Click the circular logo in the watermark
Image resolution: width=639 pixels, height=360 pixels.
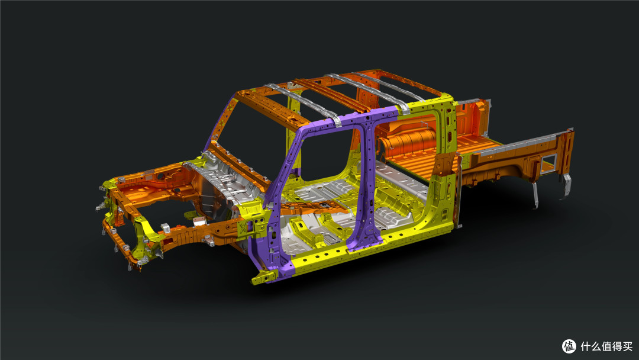pos(569,346)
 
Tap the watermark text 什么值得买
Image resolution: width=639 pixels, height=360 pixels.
pos(606,346)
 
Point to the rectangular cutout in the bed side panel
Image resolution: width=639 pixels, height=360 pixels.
pos(548,163)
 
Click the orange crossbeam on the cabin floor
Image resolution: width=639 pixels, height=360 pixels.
pos(309,207)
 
